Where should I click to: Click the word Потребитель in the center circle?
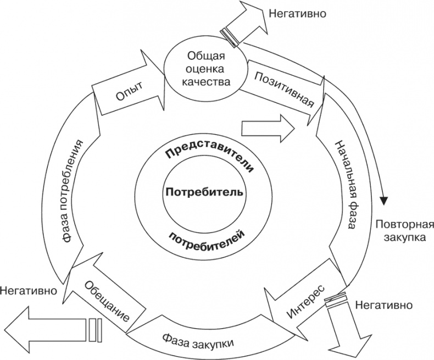tap(204, 193)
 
